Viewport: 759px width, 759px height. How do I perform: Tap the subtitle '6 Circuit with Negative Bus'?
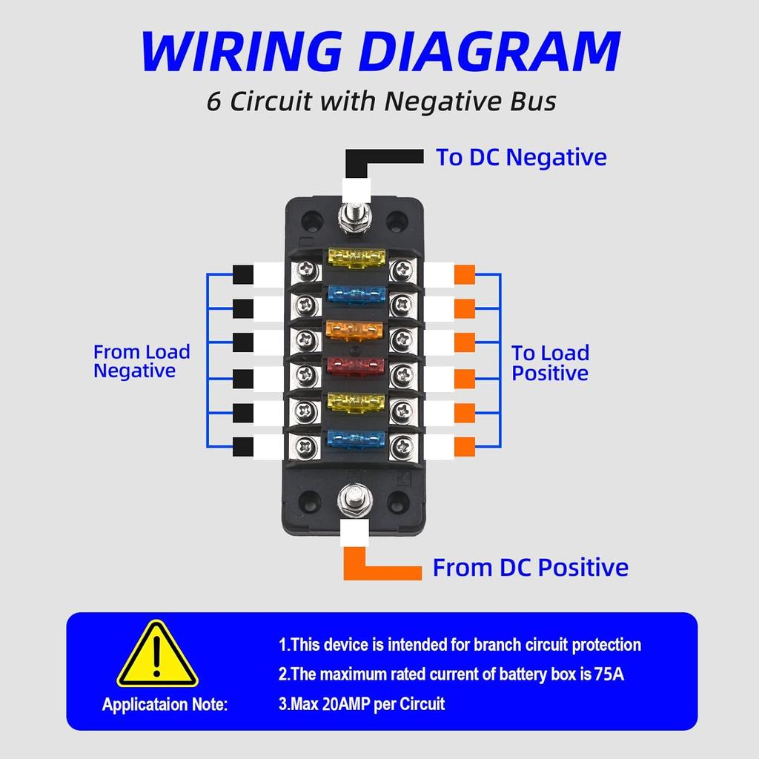(381, 101)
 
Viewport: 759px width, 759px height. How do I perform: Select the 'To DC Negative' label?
(520, 157)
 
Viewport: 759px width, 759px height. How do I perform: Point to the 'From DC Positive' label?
(530, 568)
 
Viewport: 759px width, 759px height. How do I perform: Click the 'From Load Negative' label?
(141, 361)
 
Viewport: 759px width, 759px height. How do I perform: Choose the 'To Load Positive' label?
(550, 363)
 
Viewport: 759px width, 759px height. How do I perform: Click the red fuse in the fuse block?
(356, 365)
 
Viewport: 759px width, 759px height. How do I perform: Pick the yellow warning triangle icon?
(157, 655)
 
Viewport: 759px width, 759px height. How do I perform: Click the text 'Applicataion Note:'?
(165, 704)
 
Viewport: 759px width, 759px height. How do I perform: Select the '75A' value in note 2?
(615, 675)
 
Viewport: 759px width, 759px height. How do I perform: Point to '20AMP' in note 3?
(348, 703)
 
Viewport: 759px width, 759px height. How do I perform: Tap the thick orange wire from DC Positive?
(381, 568)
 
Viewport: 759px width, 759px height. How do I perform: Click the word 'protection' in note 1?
(606, 645)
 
